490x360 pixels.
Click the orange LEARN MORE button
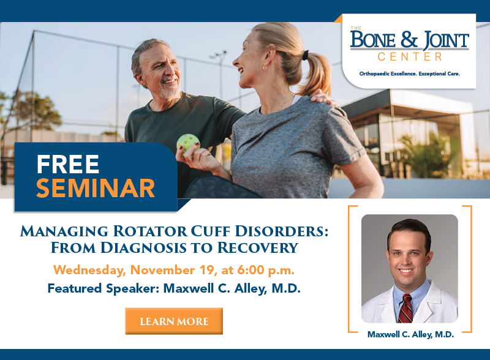coord(174,321)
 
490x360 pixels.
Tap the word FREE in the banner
coord(68,164)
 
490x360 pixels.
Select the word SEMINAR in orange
coord(95,188)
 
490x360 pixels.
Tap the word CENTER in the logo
coord(410,57)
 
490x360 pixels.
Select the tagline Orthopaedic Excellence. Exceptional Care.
coord(409,73)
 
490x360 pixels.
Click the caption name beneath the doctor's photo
coord(410,334)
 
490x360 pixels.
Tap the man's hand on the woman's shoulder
coord(320,97)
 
